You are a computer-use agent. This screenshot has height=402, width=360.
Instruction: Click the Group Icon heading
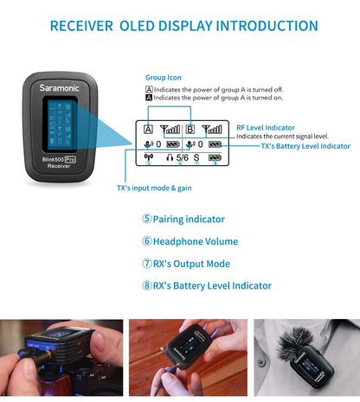163,77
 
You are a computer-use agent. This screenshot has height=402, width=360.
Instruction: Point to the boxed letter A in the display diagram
149,129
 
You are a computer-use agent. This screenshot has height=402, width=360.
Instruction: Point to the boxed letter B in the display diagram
190,129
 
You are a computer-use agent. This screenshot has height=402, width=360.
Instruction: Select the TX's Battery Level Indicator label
305,146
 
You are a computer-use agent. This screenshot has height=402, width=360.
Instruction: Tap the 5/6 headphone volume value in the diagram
182,158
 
